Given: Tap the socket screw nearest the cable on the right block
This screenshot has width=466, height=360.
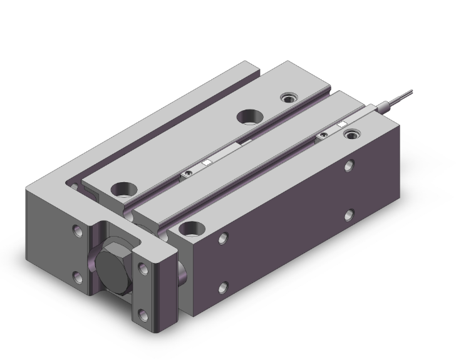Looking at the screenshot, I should [x=355, y=132].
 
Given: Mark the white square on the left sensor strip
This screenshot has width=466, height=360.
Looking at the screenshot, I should [x=205, y=163].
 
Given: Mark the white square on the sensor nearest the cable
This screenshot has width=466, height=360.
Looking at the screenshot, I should [x=341, y=125].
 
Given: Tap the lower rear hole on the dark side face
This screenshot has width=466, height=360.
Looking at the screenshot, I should [x=348, y=215].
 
